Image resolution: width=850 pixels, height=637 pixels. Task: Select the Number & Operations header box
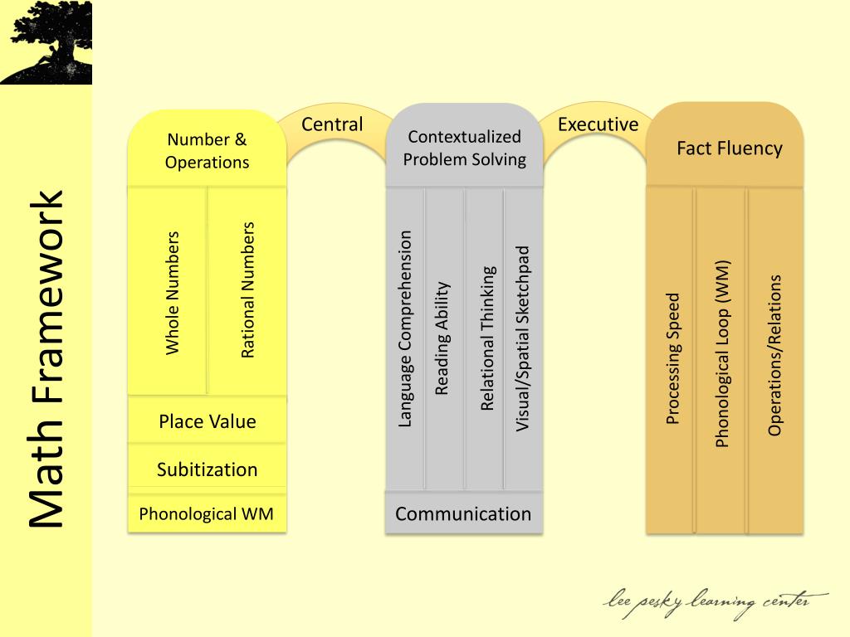coord(207,150)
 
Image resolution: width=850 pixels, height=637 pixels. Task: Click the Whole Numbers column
coord(173,292)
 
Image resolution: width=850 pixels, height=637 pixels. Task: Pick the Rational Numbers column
coord(247,289)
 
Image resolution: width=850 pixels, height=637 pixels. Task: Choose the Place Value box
coord(207,421)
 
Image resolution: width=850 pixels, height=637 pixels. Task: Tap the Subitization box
coord(207,469)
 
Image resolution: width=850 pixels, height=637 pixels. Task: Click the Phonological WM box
coord(206,513)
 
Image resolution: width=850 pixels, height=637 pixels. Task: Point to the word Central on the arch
coord(332,124)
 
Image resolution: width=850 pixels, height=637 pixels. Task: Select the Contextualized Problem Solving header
coord(464,148)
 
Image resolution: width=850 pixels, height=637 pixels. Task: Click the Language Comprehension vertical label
coord(405,328)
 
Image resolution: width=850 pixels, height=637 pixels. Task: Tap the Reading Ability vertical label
coord(442,338)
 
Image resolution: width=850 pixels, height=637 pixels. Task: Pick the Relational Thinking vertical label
coord(487,338)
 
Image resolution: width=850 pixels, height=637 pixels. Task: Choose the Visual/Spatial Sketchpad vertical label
coord(523,338)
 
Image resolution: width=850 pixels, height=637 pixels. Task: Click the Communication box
coord(463,513)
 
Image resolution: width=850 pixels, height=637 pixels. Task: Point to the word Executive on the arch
coord(598,124)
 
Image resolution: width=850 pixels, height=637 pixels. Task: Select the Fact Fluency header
coord(729,148)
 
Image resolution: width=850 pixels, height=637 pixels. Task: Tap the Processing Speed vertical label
coord(673,358)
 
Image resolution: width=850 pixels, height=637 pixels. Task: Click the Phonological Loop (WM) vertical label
coord(722,354)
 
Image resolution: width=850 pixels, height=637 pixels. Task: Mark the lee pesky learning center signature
coord(716,602)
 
